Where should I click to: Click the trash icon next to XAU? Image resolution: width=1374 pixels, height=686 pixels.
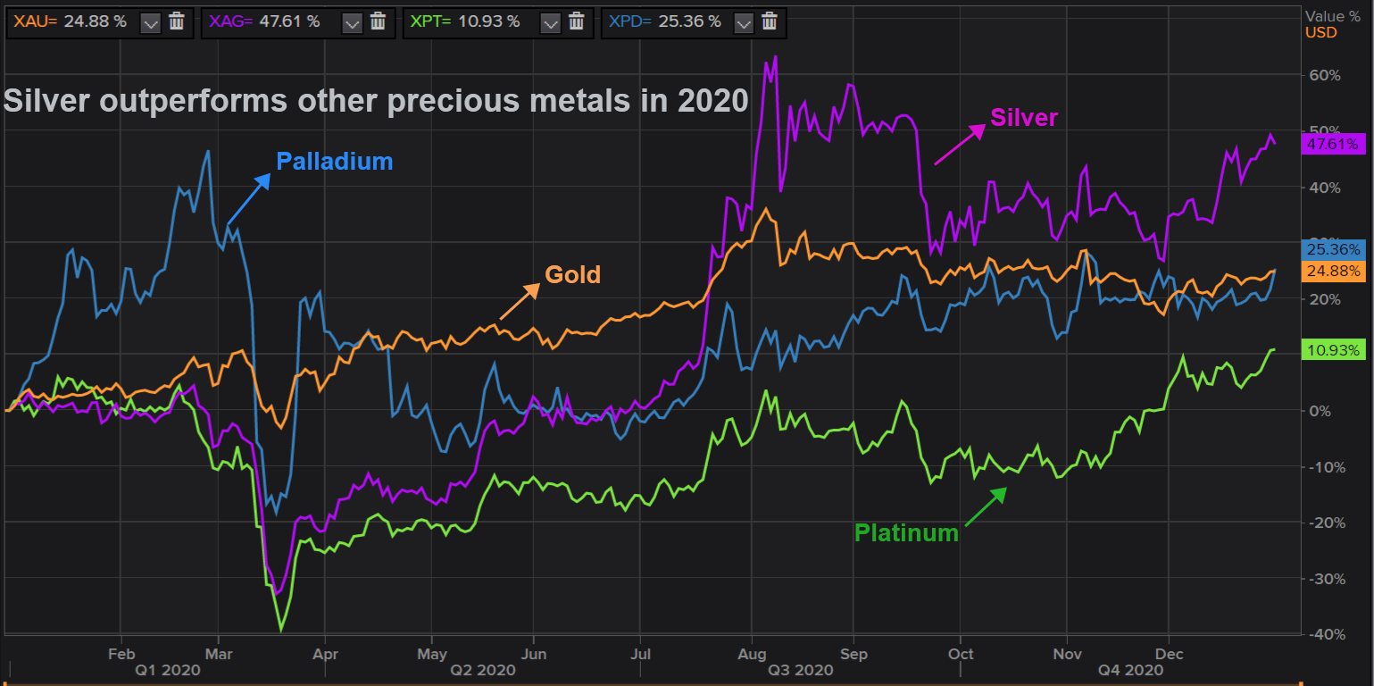pos(177,21)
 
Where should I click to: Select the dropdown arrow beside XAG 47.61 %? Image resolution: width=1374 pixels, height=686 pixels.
pos(353,21)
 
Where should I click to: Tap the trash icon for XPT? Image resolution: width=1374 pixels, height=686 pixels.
pos(577,21)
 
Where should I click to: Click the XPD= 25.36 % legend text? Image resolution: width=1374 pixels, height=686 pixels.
pos(665,21)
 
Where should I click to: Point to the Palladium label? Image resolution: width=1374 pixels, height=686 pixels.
pos(334,162)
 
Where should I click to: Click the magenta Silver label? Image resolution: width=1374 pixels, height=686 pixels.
pos(1024,118)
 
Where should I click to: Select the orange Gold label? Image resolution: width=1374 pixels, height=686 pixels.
pos(572,275)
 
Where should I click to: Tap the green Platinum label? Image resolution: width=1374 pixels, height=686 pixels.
pos(906,533)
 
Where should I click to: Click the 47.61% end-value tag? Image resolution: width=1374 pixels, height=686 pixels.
pos(1333,144)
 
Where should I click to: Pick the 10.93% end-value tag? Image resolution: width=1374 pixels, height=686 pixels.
pos(1333,350)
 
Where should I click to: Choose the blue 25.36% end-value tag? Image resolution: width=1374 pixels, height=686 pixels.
pos(1333,249)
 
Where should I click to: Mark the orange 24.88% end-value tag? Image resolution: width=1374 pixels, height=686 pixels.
pos(1333,271)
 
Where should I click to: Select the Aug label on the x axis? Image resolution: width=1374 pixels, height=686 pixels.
pos(751,653)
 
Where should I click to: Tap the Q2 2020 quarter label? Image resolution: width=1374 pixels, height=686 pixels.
pos(482,670)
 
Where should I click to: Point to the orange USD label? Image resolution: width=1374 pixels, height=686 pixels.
pos(1321,32)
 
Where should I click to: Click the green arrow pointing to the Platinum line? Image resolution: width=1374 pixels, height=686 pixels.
pos(985,505)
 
